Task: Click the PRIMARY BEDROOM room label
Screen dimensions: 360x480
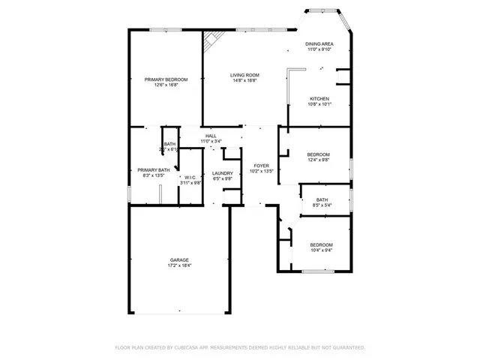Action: coord(166,79)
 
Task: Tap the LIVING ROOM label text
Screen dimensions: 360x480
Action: coord(244,76)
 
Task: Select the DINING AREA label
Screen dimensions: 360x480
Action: coord(319,45)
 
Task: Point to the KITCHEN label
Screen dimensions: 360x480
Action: coord(319,99)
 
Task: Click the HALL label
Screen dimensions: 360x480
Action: coord(211,136)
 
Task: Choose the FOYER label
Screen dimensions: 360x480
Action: coord(261,165)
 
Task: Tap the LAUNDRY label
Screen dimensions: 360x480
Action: coord(223,173)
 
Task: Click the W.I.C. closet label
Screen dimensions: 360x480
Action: coord(190,177)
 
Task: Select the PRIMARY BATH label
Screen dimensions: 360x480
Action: coord(152,170)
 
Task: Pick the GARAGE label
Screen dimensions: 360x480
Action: coord(178,260)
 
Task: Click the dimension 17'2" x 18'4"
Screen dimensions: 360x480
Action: coord(178,265)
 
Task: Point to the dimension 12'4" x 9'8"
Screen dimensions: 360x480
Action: coord(319,160)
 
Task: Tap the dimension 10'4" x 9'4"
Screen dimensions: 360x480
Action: coord(321,250)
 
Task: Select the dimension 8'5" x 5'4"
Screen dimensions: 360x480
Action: coord(322,205)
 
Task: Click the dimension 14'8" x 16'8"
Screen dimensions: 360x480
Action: coord(244,81)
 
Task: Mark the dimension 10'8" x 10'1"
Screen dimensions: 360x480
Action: coord(319,104)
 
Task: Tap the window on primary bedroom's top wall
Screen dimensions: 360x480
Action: coord(162,29)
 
